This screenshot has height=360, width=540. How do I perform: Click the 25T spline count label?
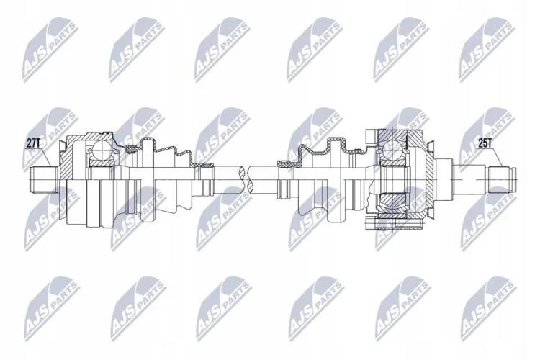[485, 144]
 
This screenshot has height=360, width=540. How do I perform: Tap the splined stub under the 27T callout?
[43, 179]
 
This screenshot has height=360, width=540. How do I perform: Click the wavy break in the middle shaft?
[246, 179]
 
